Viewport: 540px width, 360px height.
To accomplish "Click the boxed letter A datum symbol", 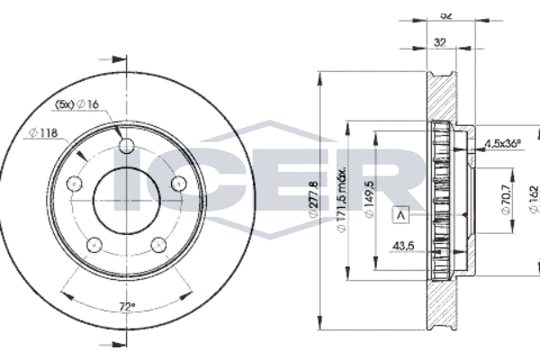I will pyautogui.click(x=400, y=214).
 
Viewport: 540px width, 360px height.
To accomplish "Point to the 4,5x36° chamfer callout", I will pyautogui.click(x=504, y=143).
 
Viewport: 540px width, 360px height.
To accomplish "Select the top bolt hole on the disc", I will pyautogui.click(x=125, y=148).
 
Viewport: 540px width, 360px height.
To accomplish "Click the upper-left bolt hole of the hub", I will pyautogui.click(x=77, y=183).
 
